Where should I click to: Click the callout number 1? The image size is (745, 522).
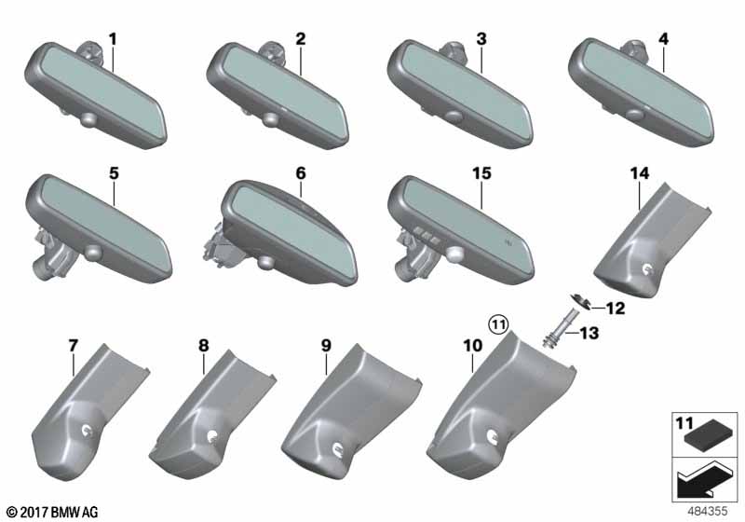pos(113,39)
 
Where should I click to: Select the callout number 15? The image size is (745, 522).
pos(481,173)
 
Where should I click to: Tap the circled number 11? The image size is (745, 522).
pos(499,325)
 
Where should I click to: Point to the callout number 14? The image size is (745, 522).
pos(640,173)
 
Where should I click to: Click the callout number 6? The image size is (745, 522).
pos(301,173)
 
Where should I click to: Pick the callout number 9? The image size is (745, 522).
pos(326,346)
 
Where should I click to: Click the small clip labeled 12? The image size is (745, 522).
pos(580,302)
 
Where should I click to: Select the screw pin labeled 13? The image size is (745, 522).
pos(555,329)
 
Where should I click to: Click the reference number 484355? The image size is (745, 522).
pos(707,512)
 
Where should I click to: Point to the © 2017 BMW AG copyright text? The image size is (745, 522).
pos(53,513)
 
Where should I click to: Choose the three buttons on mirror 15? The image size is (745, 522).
pos(427,234)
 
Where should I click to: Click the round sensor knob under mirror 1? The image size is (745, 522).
pos(88,119)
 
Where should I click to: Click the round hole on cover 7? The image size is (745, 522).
pos(88,430)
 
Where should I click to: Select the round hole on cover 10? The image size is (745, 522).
pos(493,434)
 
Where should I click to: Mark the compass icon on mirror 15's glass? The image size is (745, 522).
pos(508,242)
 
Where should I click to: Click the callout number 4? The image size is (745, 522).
pos(663,39)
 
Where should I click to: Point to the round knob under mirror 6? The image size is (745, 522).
pos(265,262)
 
